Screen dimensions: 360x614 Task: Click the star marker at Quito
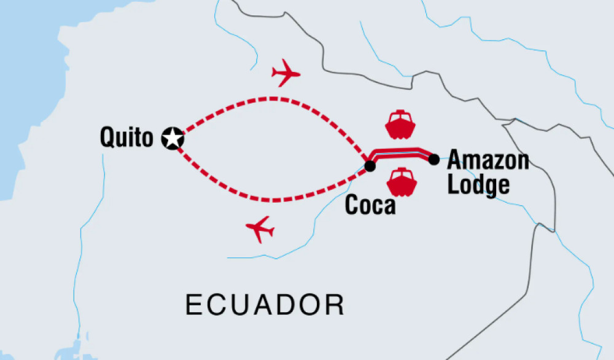click(x=173, y=139)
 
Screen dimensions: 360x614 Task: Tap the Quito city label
click(x=126, y=138)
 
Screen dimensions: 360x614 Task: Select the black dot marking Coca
click(x=370, y=166)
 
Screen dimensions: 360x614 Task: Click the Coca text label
click(x=370, y=205)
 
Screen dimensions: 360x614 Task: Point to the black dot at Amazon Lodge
click(x=433, y=160)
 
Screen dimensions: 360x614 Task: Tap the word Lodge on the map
click(x=478, y=185)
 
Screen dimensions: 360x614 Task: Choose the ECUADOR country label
click(x=265, y=305)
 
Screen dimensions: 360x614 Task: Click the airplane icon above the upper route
click(x=286, y=74)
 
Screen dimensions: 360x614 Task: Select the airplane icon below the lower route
click(x=260, y=230)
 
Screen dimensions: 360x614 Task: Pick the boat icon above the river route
click(x=400, y=124)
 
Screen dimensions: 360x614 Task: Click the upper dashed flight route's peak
click(x=273, y=98)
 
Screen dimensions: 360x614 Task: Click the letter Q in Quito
click(x=108, y=138)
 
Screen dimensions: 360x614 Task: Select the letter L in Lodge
click(x=453, y=184)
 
